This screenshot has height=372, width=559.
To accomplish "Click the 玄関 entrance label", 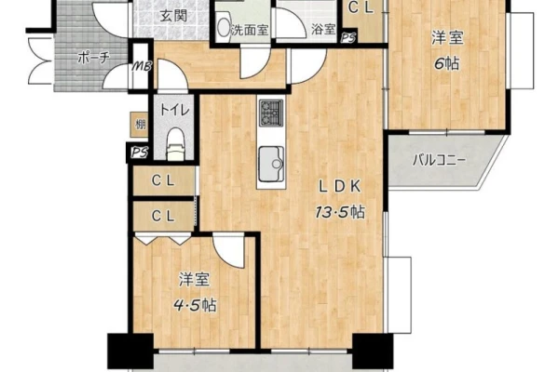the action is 173,16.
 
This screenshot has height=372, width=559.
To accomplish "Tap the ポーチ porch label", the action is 92,58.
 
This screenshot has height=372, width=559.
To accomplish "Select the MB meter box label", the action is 142,66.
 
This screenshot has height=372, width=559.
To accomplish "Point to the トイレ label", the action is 174,110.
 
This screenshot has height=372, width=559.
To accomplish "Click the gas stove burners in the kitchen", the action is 271,113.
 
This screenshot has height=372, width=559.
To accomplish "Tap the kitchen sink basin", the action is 271,164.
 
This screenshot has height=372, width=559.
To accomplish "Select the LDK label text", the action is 339,186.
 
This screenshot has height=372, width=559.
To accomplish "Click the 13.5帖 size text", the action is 339,212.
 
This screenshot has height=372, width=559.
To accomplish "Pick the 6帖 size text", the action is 446,64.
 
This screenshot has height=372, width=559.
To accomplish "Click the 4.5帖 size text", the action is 195,305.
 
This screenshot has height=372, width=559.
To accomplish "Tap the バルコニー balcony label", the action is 439,161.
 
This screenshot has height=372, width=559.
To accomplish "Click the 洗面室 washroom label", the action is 249,31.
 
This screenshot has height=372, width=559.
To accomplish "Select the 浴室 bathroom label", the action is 323,30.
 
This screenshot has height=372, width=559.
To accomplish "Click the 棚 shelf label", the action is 140,125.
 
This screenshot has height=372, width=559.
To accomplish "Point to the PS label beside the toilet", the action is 138,153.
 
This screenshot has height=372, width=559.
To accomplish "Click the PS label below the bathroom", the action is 348,38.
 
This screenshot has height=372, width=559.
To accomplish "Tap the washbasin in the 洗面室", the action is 224,26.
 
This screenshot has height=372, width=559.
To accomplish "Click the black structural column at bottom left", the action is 130,351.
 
